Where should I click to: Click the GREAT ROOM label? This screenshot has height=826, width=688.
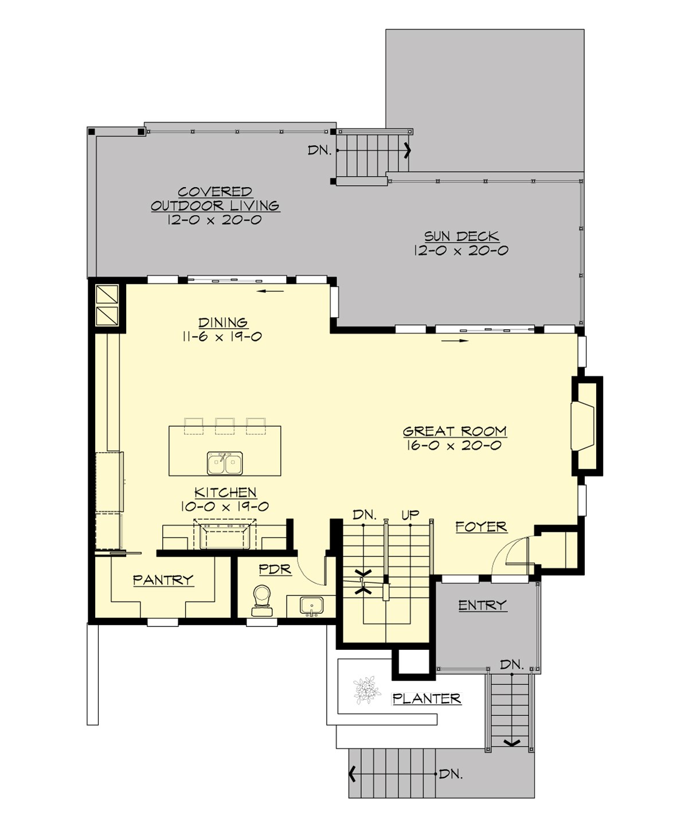(x=454, y=431)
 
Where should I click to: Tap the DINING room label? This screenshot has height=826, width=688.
(x=222, y=322)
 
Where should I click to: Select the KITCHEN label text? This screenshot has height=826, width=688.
(x=225, y=492)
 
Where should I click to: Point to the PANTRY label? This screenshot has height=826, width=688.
(x=163, y=580)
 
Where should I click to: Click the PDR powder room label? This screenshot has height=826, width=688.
(x=275, y=570)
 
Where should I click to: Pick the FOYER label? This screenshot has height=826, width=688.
(x=481, y=526)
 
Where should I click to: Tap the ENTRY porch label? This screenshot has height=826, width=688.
(x=482, y=605)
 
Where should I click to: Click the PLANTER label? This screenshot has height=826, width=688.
(x=427, y=698)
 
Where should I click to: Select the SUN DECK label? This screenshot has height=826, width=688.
(x=461, y=236)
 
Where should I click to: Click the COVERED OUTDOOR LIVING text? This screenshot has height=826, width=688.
(x=215, y=198)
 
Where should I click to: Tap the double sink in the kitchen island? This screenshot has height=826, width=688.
(x=225, y=463)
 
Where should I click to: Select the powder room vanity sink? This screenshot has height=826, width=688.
(x=312, y=606)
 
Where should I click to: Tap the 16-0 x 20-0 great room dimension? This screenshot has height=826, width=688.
(x=454, y=446)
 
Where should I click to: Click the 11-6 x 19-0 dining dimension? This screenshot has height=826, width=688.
(x=222, y=337)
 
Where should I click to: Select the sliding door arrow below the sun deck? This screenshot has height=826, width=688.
(x=456, y=341)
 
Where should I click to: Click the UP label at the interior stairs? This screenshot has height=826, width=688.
(x=410, y=515)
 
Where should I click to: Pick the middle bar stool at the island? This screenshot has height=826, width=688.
(x=225, y=425)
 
